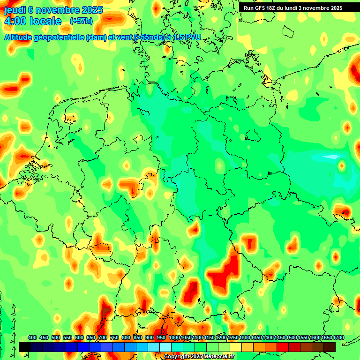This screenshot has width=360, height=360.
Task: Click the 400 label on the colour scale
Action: tap(32, 337)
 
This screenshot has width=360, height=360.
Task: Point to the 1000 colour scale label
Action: tap(174, 337)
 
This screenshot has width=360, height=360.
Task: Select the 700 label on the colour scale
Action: tap(103, 337)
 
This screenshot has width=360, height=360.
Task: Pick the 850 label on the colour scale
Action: tap(138, 337)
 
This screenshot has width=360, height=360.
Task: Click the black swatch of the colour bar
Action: tap(25, 347)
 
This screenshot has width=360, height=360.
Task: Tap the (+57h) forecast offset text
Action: tap(81, 21)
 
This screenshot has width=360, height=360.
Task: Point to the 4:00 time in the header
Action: tap(15, 21)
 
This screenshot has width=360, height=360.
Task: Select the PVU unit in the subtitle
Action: tap(191, 37)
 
